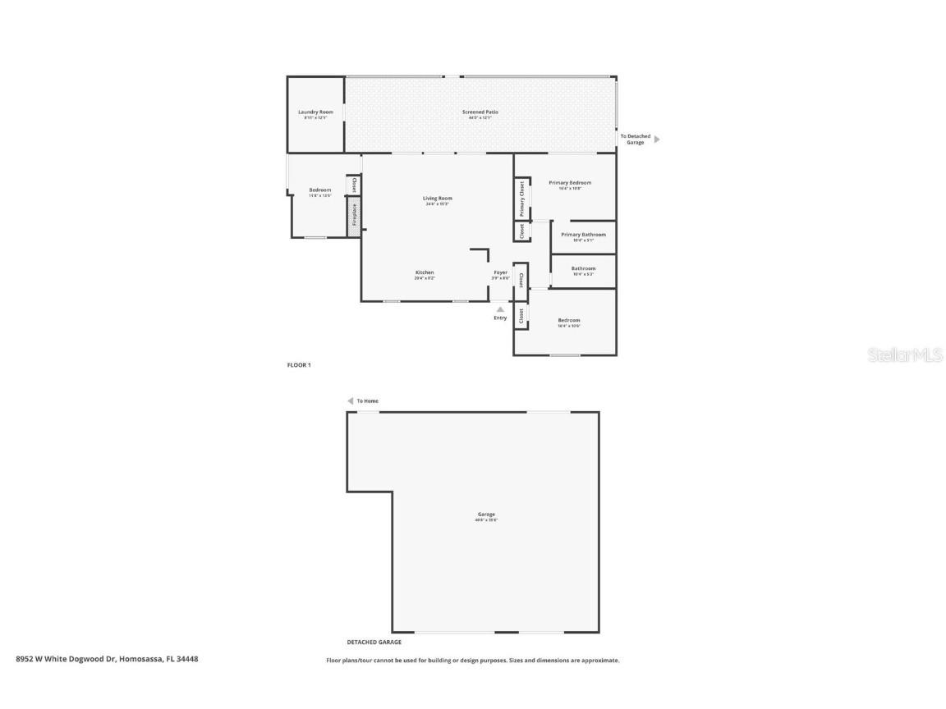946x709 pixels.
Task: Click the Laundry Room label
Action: (315, 112)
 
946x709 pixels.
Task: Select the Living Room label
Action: (437, 198)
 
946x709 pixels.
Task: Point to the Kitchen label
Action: (424, 272)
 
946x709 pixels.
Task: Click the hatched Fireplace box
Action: (354, 216)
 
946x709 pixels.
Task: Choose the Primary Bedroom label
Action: (569, 183)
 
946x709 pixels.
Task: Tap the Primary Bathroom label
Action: (583, 235)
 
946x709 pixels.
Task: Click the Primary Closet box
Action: (521, 198)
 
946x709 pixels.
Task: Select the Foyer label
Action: (500, 272)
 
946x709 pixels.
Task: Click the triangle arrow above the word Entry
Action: (500, 309)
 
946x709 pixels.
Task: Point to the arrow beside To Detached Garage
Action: (656, 140)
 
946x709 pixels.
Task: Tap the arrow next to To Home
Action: (350, 401)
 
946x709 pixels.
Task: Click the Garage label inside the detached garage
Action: (485, 515)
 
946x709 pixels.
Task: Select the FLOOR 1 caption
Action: (299, 364)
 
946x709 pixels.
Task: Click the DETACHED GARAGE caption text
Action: (374, 643)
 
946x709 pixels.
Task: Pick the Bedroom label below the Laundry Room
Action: (319, 190)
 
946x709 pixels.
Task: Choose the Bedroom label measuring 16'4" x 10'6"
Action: (568, 320)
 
